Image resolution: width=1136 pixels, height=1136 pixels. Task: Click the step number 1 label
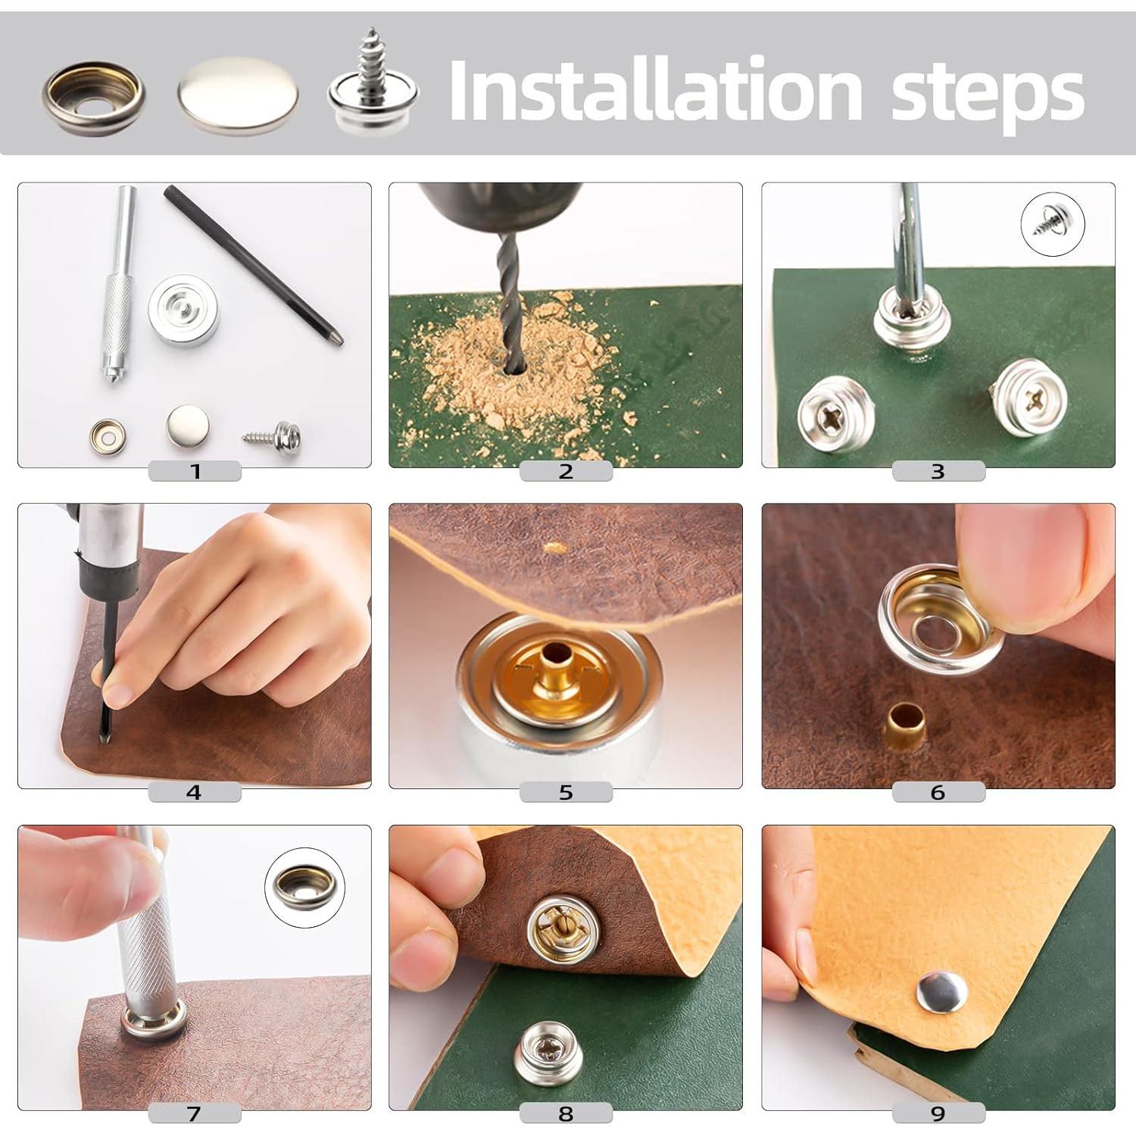(195, 471)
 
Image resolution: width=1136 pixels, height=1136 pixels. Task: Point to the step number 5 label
(566, 792)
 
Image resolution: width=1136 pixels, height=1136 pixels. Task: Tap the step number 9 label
(938, 1113)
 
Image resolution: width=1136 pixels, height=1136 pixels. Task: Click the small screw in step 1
(273, 436)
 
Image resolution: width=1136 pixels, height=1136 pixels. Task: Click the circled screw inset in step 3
(1052, 225)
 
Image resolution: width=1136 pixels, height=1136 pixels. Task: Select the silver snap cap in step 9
(941, 992)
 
